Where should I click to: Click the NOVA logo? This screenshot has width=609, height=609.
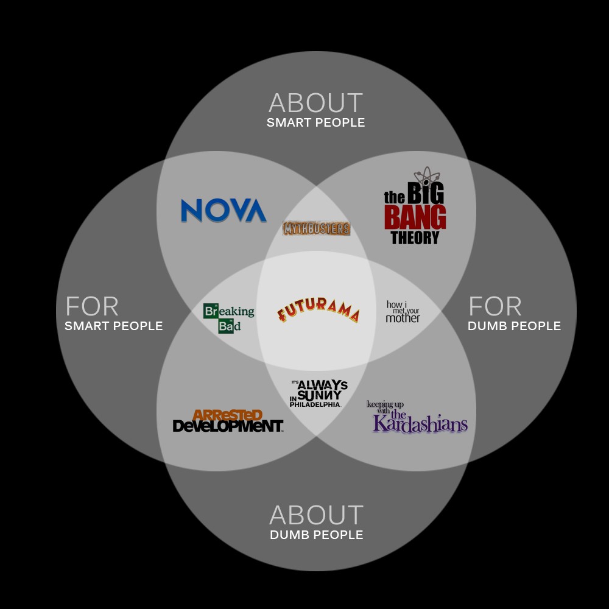point(224,211)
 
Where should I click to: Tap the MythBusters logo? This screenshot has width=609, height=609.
point(317,229)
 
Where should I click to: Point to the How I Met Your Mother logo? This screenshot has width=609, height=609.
point(403,311)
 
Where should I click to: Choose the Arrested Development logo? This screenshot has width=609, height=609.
point(228,421)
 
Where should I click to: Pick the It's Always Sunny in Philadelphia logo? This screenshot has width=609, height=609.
point(319,393)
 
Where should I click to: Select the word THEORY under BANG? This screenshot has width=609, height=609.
point(415,238)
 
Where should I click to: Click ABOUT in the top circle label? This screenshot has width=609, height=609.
point(315,104)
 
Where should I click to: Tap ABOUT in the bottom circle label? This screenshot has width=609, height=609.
point(316,516)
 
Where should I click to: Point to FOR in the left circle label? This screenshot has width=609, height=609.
point(92,307)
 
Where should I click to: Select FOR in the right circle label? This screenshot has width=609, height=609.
point(495,307)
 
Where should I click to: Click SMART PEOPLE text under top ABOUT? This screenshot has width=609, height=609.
point(315,123)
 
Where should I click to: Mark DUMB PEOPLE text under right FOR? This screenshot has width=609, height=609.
point(514,326)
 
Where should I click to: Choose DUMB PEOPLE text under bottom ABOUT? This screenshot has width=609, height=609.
point(316,535)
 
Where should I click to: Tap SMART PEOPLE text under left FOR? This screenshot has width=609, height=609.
point(114,326)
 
